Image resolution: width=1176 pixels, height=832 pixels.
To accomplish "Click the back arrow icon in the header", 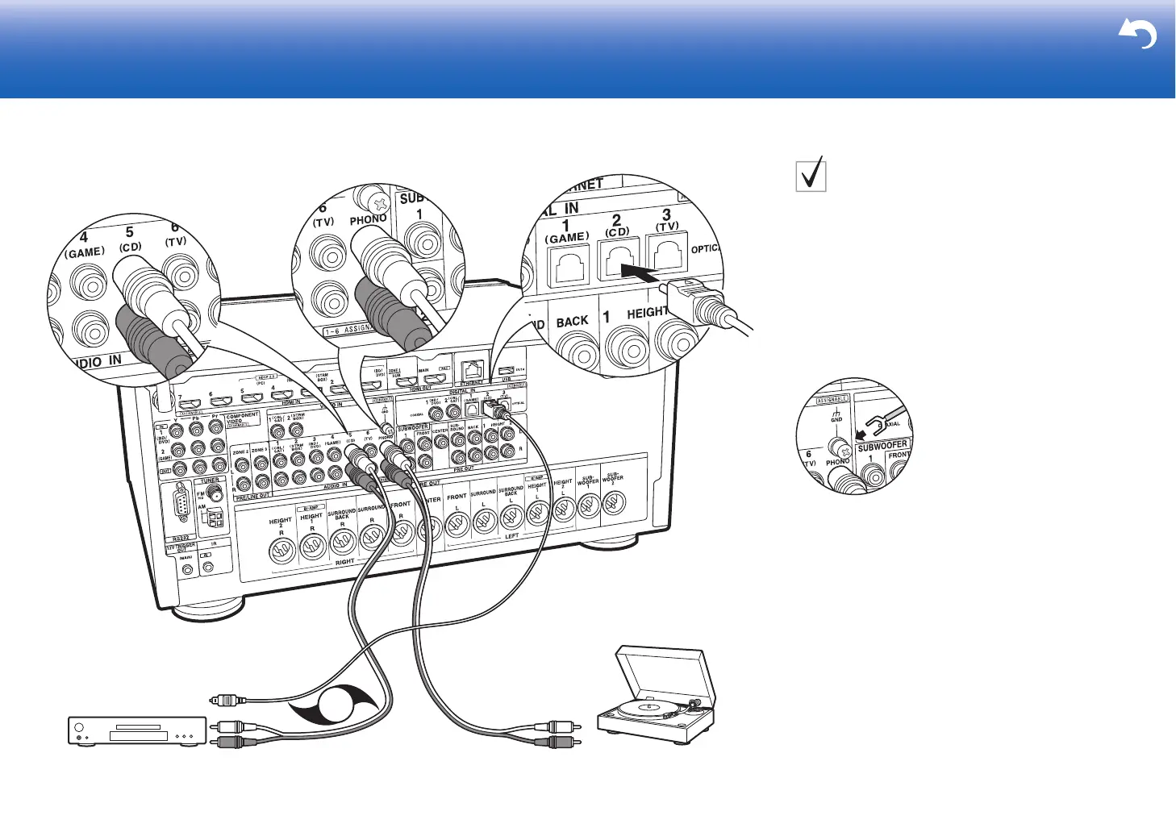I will (x=1137, y=35).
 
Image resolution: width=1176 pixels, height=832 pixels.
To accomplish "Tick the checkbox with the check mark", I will (x=811, y=174).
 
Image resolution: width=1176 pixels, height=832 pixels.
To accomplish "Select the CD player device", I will (x=136, y=730).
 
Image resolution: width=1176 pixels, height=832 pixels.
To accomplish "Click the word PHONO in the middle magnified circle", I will (x=369, y=219).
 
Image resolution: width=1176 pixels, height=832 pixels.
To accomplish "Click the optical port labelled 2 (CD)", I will (x=619, y=258).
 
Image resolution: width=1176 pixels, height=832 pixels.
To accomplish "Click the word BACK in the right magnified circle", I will (x=572, y=322).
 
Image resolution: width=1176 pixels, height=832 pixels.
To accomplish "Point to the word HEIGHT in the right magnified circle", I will (x=647, y=312).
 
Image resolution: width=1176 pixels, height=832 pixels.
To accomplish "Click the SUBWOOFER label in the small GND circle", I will (x=882, y=445).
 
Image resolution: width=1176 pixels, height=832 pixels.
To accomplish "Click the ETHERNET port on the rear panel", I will (x=473, y=370).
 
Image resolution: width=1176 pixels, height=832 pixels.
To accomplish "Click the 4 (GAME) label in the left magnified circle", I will (x=84, y=245).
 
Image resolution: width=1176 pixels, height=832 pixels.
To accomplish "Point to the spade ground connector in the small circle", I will (x=874, y=421).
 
